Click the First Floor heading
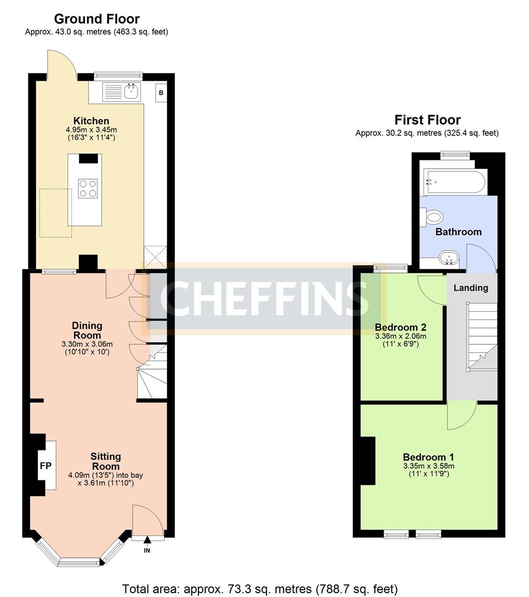pos(427,120)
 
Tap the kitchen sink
pos(131,91)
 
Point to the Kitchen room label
pos(91,121)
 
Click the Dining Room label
pos(87,331)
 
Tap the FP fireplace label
pos(45,466)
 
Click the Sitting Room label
pos(106,461)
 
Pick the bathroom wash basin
pos(449,258)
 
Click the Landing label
pos(470,288)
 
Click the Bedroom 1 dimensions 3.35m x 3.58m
pos(428,466)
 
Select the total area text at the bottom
pos(260,589)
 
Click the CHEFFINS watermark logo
pos(264,298)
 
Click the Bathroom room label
pos(458,232)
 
